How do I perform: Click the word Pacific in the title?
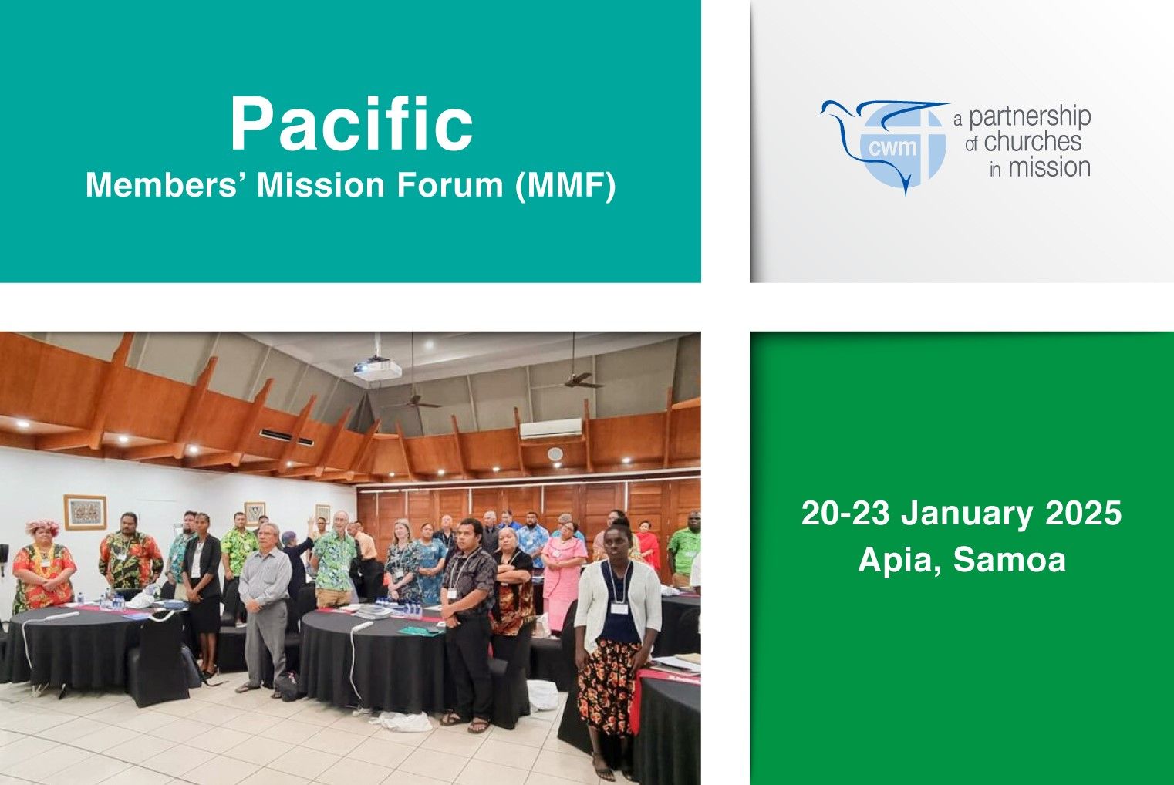coord(352,123)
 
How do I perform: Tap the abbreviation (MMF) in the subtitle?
coord(565,185)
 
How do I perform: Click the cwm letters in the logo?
coord(892,148)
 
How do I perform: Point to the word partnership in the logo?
coord(1030,117)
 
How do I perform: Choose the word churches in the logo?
coord(1033,142)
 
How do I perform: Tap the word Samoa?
coord(1010,560)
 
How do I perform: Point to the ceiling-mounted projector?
coord(377,369)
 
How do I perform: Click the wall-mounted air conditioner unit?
coord(551,428)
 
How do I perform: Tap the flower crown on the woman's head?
coord(42,526)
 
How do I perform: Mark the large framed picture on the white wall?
coord(85,512)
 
